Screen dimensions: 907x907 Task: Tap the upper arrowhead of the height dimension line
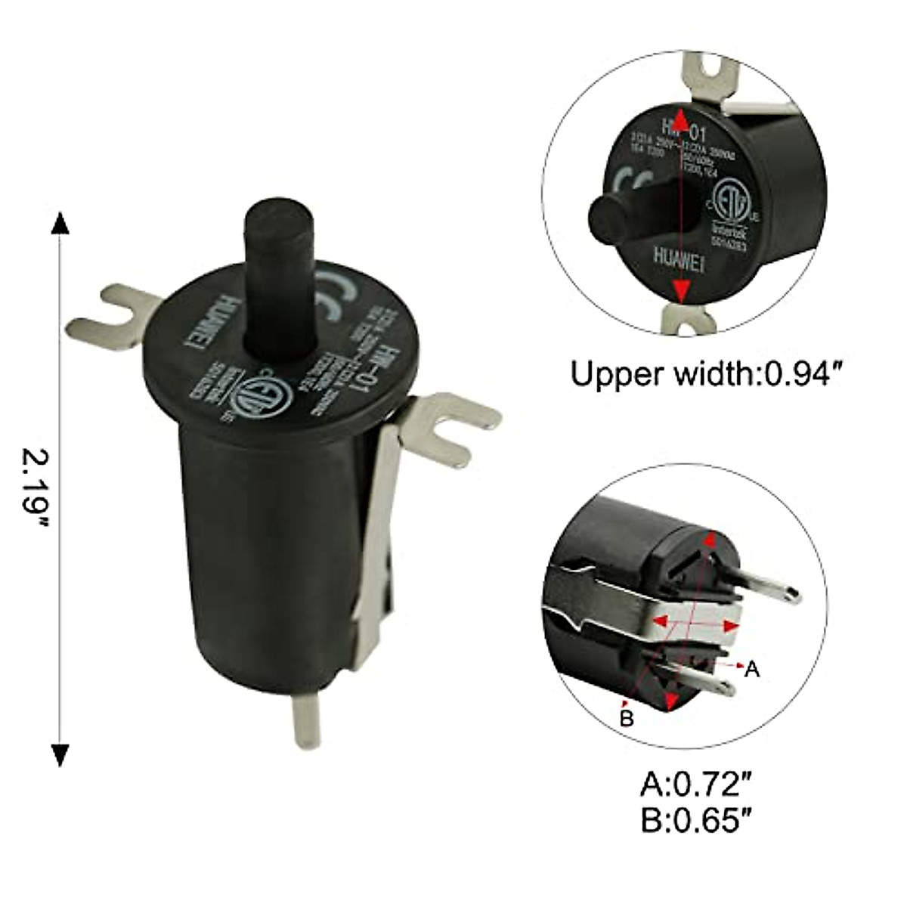(x=60, y=225)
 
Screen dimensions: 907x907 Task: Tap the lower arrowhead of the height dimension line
(x=60, y=754)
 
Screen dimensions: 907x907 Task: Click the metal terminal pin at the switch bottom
(x=306, y=722)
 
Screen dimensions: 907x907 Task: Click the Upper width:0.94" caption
(x=706, y=373)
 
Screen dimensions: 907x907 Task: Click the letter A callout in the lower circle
(x=751, y=669)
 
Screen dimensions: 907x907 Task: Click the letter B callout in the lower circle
(x=626, y=718)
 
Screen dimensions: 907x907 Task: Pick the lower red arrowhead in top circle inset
(x=681, y=291)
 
